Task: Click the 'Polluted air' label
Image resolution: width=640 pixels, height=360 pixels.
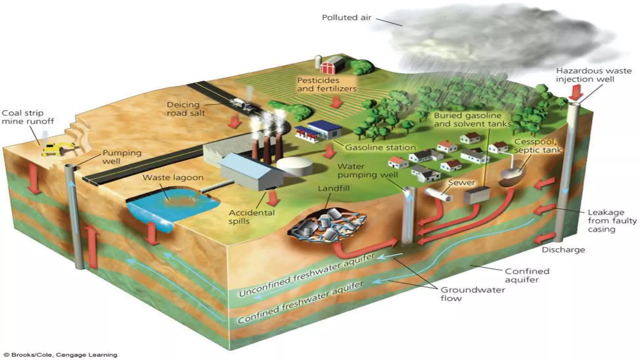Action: (346, 17)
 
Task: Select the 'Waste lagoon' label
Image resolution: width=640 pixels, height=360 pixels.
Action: (173, 177)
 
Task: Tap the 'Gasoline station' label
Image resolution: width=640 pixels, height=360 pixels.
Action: (380, 147)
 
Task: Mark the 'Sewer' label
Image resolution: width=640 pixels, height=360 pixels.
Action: (462, 182)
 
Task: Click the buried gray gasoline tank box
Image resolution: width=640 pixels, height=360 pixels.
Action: (477, 195)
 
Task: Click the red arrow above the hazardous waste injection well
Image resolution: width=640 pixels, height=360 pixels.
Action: (574, 92)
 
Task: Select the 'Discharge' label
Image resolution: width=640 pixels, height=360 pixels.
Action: (563, 250)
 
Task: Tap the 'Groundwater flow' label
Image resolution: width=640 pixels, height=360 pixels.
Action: (472, 294)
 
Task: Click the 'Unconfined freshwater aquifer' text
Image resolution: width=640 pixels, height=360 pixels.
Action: (306, 275)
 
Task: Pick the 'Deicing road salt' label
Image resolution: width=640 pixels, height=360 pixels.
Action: (185, 109)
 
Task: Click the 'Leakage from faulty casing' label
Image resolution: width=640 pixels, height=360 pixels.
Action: (612, 221)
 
